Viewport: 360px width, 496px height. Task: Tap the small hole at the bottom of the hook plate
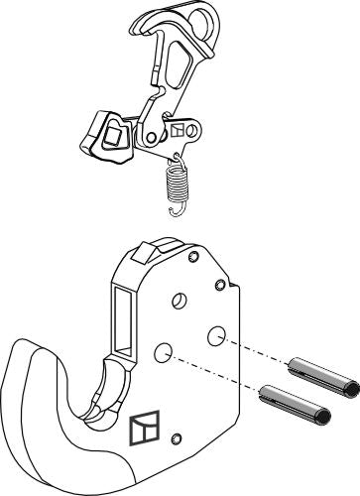coord(178,438)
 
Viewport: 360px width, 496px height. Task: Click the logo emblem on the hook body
coord(142,428)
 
